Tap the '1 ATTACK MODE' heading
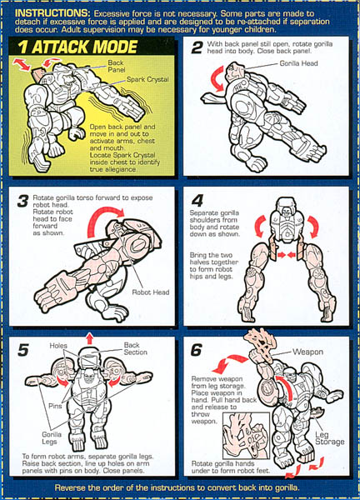(x=77, y=47)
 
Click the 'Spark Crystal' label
(x=147, y=79)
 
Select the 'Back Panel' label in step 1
(x=116, y=67)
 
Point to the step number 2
(x=197, y=47)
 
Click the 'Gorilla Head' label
(x=298, y=63)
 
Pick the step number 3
(x=22, y=202)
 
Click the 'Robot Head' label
(x=151, y=292)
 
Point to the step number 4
(x=197, y=201)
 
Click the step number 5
(x=23, y=350)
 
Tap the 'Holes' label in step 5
(x=58, y=346)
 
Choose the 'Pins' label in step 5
(x=55, y=406)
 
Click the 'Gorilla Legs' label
(x=52, y=437)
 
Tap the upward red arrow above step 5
(x=90, y=338)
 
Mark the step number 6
(x=197, y=350)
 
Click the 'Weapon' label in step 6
(x=308, y=352)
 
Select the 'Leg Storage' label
(x=330, y=438)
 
